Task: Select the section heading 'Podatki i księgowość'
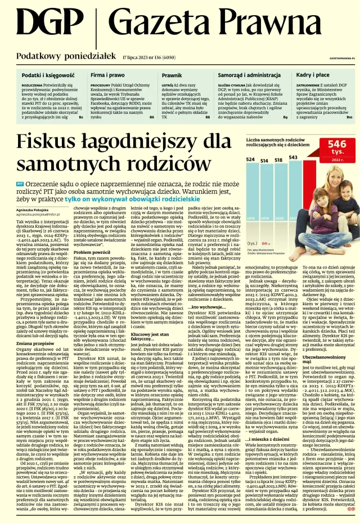[44, 74]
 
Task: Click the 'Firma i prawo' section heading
[107, 74]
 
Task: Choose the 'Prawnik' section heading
[172, 74]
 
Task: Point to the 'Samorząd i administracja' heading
[249, 74]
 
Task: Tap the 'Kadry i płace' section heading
[313, 74]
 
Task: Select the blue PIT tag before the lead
[20, 184]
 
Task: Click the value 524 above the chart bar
[250, 160]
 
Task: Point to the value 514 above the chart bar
[264, 160]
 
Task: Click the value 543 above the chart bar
[293, 158]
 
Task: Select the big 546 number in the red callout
[337, 145]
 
